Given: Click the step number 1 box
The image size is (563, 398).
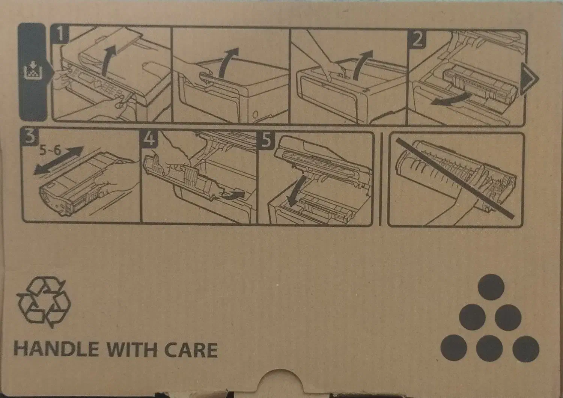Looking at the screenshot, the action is [x=60, y=35].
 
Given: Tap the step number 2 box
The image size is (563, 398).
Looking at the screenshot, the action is [x=417, y=39].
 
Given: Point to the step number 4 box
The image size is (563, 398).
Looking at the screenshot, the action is [x=149, y=139].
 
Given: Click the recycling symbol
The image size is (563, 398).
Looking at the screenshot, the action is [x=44, y=302].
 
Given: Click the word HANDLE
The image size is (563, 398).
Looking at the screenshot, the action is [x=56, y=350].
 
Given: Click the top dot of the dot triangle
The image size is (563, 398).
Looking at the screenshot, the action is [x=491, y=287].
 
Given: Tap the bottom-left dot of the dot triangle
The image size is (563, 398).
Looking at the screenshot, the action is [x=454, y=348].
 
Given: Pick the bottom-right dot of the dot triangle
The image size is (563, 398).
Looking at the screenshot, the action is [x=526, y=349].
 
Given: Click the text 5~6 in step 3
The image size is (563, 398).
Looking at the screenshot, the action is [x=51, y=151].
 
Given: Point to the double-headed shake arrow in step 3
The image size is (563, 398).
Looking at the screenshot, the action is [x=58, y=160].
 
